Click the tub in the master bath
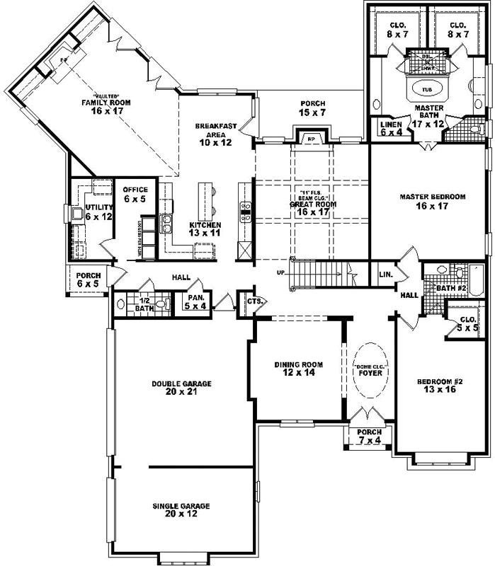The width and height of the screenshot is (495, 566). pos(426,91)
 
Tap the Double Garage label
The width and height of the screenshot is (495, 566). pos(181,387)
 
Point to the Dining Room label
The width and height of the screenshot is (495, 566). pos(298,369)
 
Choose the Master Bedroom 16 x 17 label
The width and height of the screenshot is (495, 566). pos(432,202)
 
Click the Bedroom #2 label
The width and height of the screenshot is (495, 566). pos(440,386)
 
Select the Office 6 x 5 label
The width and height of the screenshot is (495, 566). pos(135,195)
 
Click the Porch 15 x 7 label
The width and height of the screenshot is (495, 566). pos(312,108)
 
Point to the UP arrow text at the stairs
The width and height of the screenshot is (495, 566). pos(281,272)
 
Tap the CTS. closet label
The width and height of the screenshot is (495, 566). pos(255,301)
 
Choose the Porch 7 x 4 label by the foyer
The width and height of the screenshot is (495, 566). pos(369,436)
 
